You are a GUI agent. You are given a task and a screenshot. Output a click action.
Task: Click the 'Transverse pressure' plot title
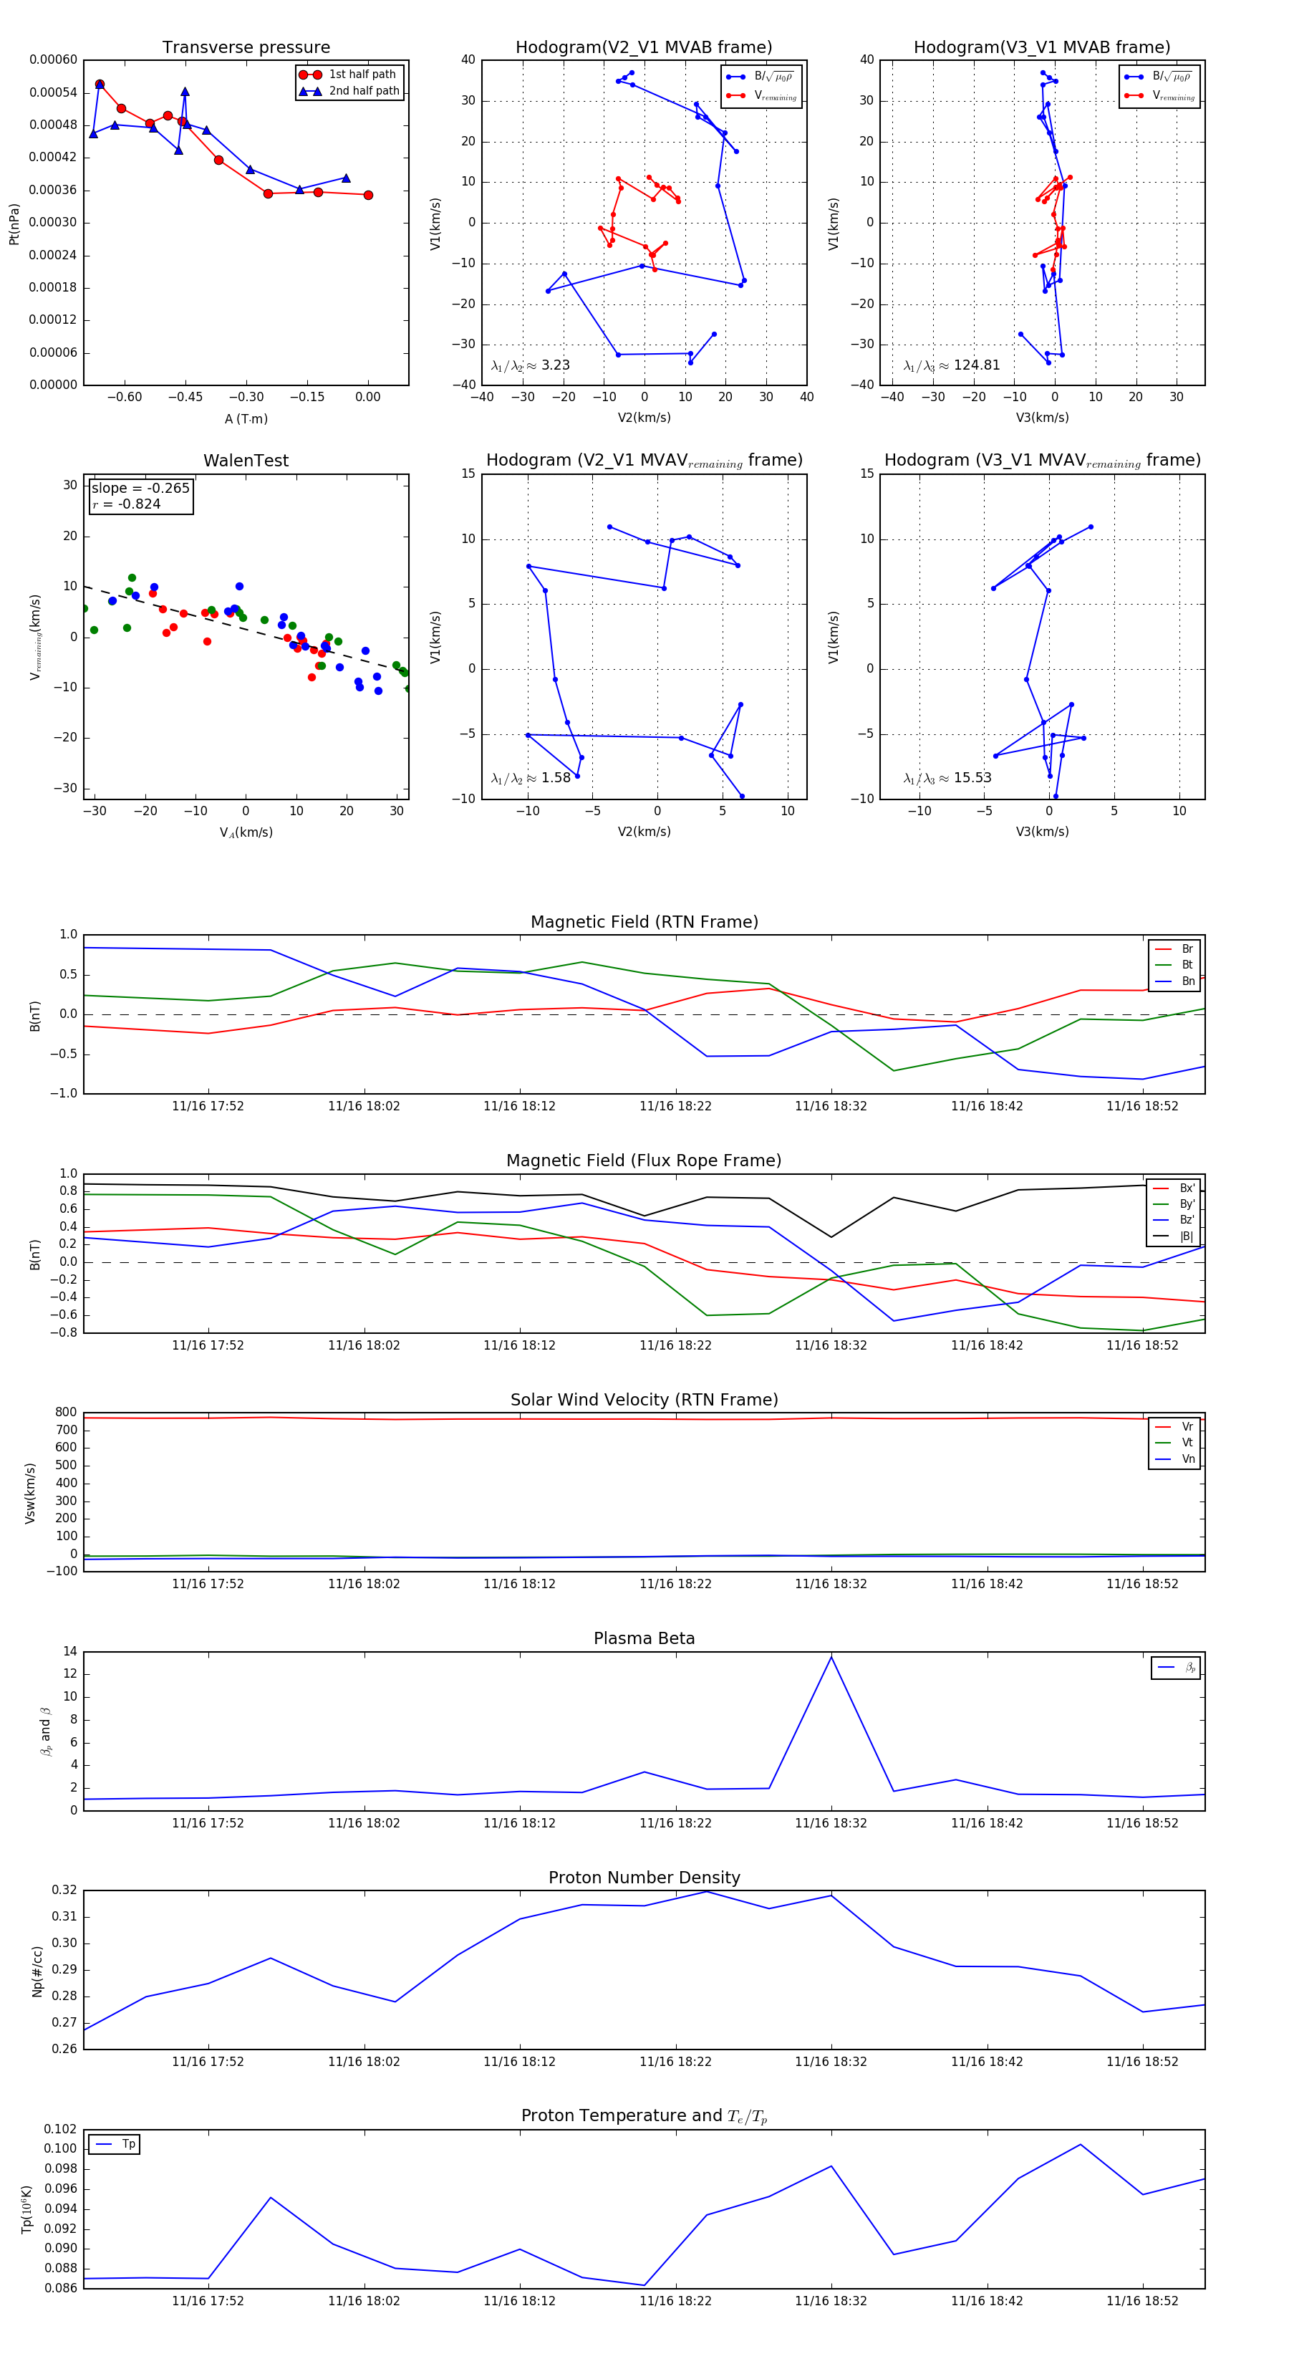(246, 48)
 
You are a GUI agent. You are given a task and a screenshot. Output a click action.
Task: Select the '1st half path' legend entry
(362, 75)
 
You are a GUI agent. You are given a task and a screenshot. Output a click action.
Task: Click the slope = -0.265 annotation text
(140, 489)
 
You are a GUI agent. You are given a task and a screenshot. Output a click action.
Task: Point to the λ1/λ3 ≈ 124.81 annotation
(952, 365)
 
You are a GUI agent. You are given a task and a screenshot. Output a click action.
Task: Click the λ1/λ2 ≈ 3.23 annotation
(530, 365)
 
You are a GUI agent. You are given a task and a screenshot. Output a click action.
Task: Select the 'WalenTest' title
(246, 461)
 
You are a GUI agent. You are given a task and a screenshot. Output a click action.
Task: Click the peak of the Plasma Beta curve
(831, 1656)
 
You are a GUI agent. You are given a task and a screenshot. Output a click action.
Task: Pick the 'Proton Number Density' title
(644, 1878)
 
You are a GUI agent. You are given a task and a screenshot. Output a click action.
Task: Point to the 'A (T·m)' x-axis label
(246, 418)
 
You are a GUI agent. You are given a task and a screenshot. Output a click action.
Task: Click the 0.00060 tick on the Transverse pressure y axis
(53, 59)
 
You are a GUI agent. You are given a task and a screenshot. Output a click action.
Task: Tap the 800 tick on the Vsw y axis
(66, 1413)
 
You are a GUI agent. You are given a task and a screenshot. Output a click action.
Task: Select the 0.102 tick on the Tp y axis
(61, 2129)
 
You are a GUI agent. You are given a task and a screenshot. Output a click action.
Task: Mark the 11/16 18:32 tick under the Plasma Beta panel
(831, 1822)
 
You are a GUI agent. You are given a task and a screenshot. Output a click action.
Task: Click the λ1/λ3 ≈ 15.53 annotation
(947, 778)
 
